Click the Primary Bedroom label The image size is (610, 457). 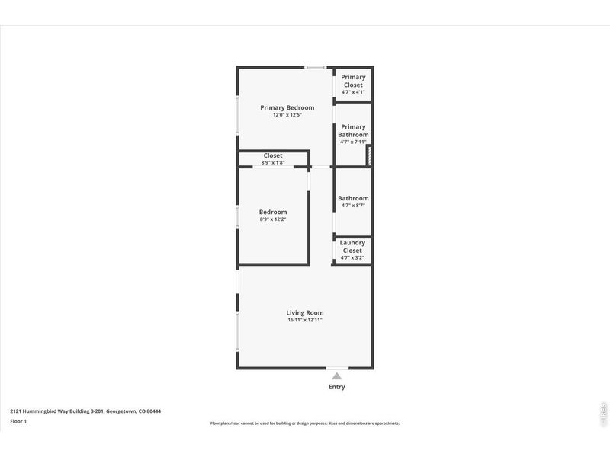(287, 107)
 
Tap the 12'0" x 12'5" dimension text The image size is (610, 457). (287, 115)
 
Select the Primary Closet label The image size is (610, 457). (353, 81)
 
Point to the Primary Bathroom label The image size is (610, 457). (353, 131)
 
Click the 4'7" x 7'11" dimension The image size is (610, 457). (353, 142)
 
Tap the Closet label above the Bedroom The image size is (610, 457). (273, 155)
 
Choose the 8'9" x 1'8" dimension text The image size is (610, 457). (273, 162)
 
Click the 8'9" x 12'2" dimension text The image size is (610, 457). (273, 219)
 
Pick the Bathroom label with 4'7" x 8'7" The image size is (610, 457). (353, 198)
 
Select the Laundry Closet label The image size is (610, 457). (352, 247)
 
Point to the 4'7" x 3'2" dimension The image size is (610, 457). (352, 257)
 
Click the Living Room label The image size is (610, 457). (305, 312)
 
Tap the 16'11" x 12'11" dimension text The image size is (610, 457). (305, 320)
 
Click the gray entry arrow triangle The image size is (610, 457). (336, 376)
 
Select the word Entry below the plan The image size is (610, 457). (336, 387)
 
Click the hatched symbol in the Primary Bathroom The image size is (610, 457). (368, 156)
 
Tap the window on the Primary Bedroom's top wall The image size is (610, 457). (315, 68)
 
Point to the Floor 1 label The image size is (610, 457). (18, 421)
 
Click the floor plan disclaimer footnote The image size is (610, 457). (305, 423)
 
